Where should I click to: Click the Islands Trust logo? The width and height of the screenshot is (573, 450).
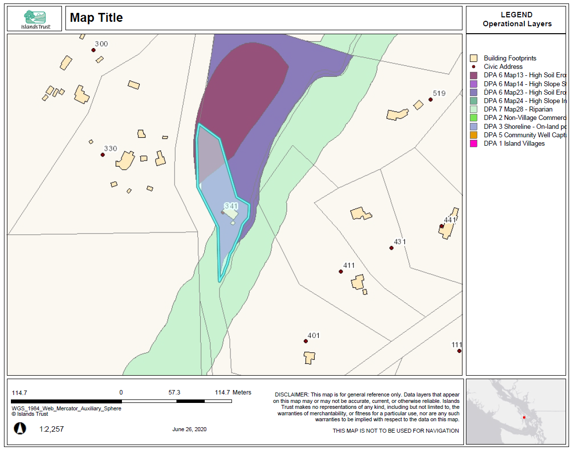coord(34,18)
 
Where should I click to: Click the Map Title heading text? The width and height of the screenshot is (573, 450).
coord(96,18)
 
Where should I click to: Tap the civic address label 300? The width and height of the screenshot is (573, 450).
coord(101,44)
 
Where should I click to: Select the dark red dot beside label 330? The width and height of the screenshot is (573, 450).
coord(103,155)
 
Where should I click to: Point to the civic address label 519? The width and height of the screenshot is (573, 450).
coord(439,93)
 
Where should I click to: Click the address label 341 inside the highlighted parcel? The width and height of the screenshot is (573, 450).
coord(231,206)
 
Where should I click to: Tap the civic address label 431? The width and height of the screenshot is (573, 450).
coord(400,242)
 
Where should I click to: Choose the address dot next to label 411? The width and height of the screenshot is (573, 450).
coord(341,272)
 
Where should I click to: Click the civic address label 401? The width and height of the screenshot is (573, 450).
coord(313,336)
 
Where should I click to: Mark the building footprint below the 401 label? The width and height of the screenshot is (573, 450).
coord(310,357)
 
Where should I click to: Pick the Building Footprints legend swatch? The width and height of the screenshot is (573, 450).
coord(473,58)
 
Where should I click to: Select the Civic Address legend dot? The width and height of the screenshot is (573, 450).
coord(473,67)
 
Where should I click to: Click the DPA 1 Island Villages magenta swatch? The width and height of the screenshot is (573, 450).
coord(473,144)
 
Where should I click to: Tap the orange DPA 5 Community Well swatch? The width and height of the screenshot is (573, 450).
coord(473,135)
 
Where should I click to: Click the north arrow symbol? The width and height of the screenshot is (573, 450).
coord(20,428)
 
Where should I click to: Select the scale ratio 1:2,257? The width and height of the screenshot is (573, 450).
coord(52,429)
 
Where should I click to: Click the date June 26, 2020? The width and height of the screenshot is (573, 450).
coord(189,429)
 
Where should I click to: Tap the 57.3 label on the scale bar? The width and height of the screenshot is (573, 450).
coord(174,392)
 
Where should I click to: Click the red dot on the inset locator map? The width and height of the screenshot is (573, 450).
coord(524,417)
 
